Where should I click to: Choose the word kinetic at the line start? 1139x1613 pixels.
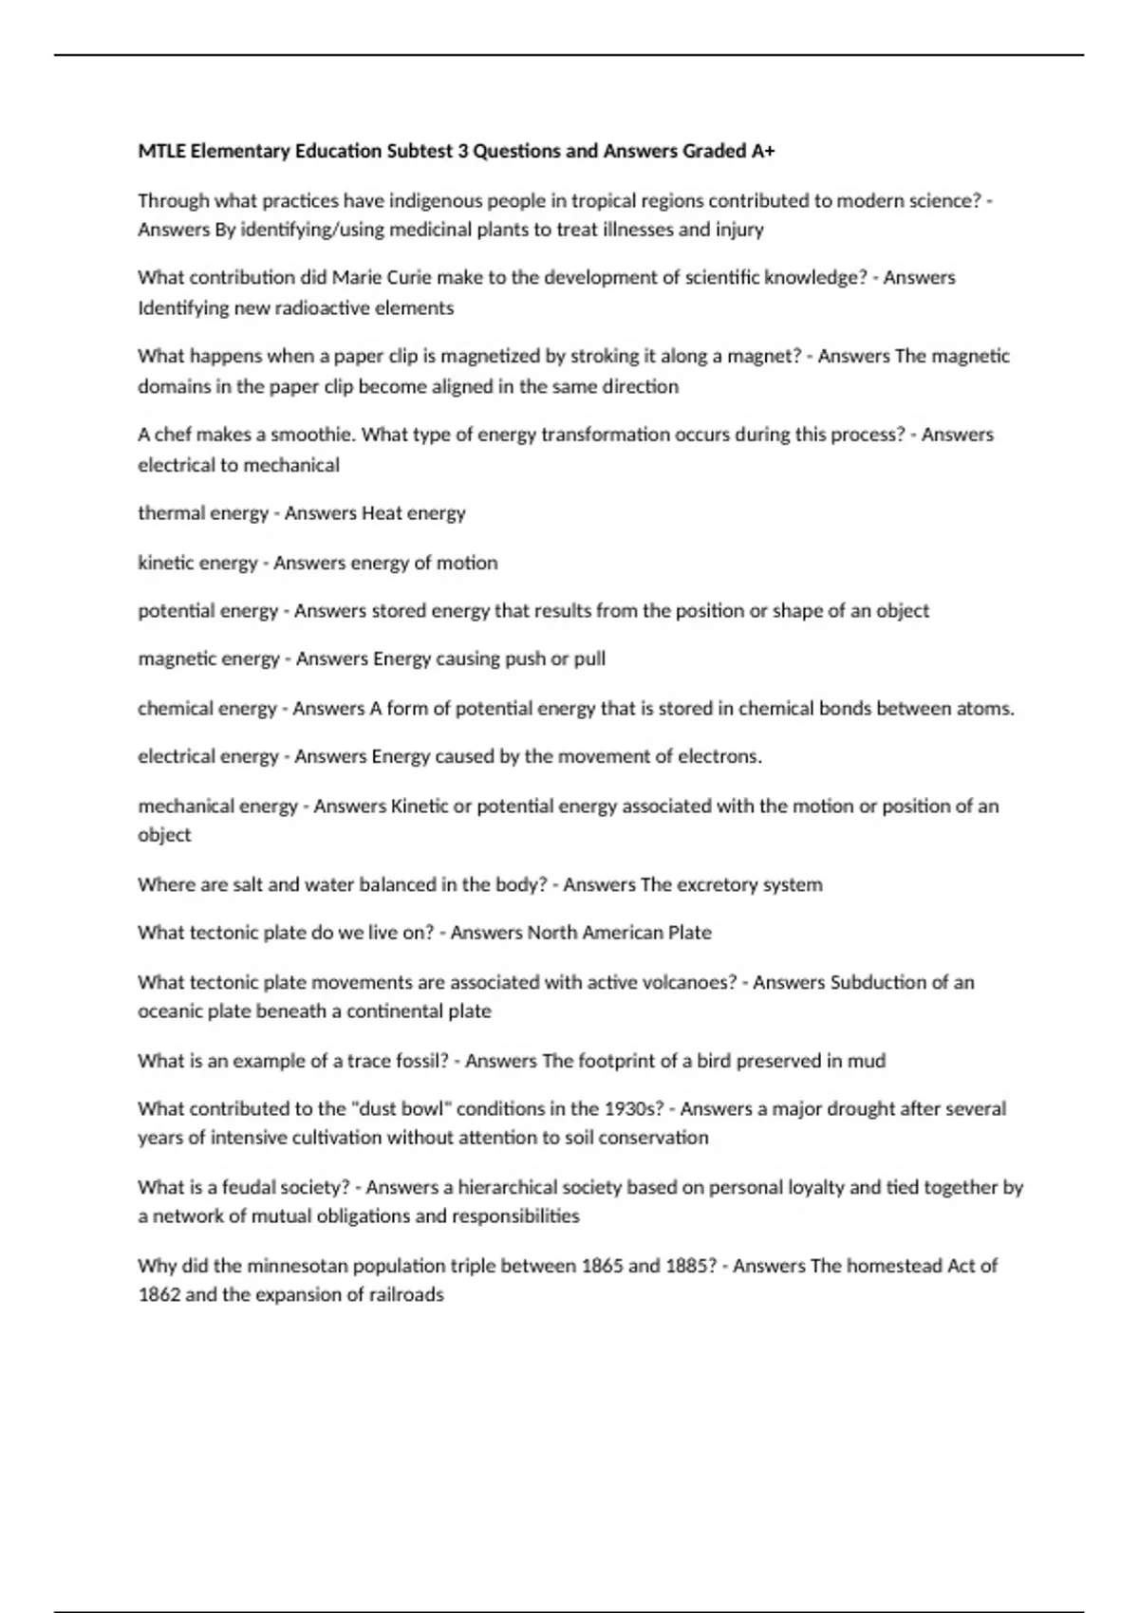164,563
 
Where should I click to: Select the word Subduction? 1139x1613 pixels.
878,982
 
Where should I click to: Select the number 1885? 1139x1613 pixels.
689,1266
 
